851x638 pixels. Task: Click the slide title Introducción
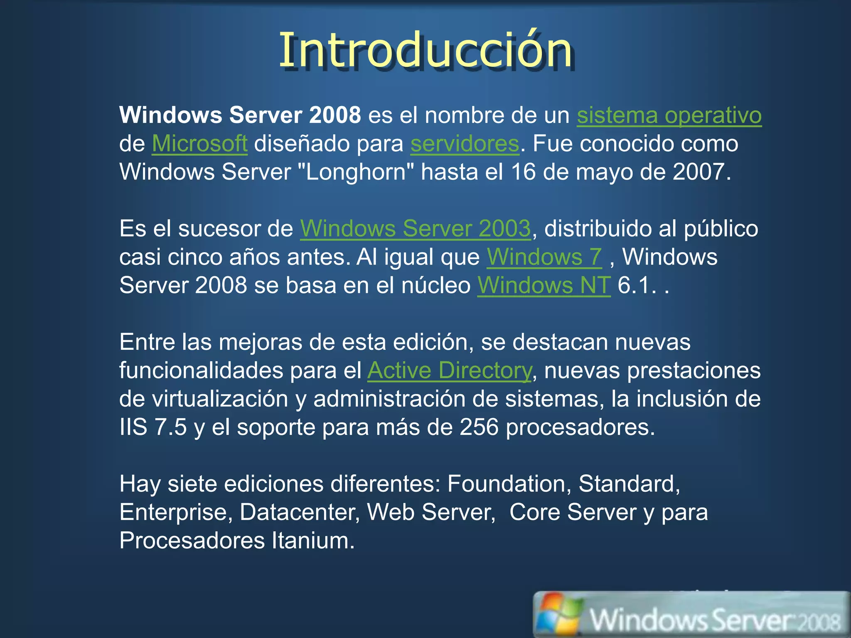[x=425, y=50]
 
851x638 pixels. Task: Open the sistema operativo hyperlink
[x=669, y=115]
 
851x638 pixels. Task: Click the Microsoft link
[x=199, y=144]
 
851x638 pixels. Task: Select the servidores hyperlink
[x=465, y=144]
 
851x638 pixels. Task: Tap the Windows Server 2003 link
[x=415, y=228]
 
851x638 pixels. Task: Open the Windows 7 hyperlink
[x=544, y=257]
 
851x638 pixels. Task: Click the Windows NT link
[x=544, y=285]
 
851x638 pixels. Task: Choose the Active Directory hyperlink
[x=449, y=370]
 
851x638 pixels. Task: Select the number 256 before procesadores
[x=479, y=427]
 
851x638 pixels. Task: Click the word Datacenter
[x=300, y=512]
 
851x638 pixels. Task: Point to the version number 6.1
[x=633, y=285]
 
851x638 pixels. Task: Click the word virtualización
[x=220, y=399]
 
